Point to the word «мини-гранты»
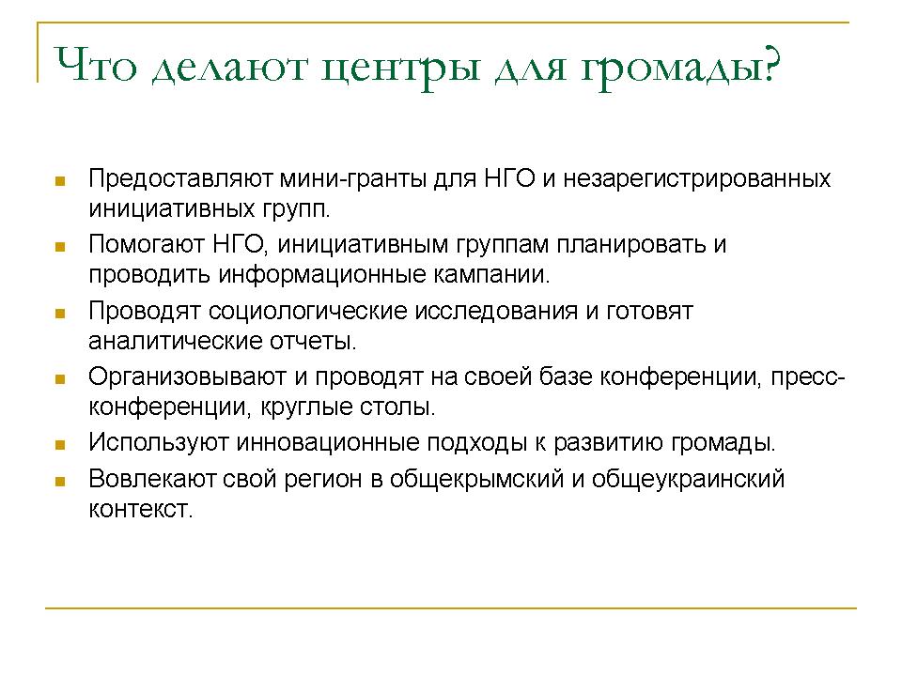(352, 179)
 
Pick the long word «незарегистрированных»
(696, 179)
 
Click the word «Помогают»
(147, 245)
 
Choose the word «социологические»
(308, 312)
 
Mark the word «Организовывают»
(188, 377)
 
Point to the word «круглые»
(306, 407)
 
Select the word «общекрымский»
(476, 480)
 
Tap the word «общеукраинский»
(688, 480)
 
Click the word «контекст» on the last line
(140, 510)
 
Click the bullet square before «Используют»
(60, 445)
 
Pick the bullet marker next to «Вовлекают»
(60, 482)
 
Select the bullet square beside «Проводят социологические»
(60, 314)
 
